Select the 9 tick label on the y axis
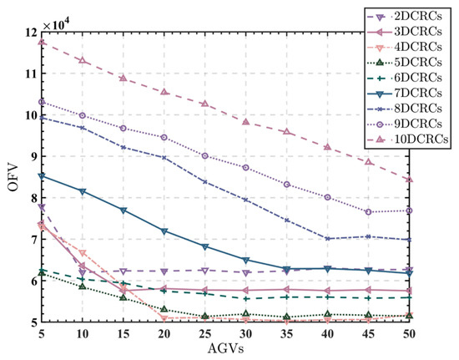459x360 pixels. click(32, 156)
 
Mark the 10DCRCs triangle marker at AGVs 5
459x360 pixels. click(42, 42)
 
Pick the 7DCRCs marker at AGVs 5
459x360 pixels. click(42, 176)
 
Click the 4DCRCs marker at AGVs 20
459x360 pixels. click(164, 317)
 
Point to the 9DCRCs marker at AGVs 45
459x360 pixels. click(368, 212)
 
